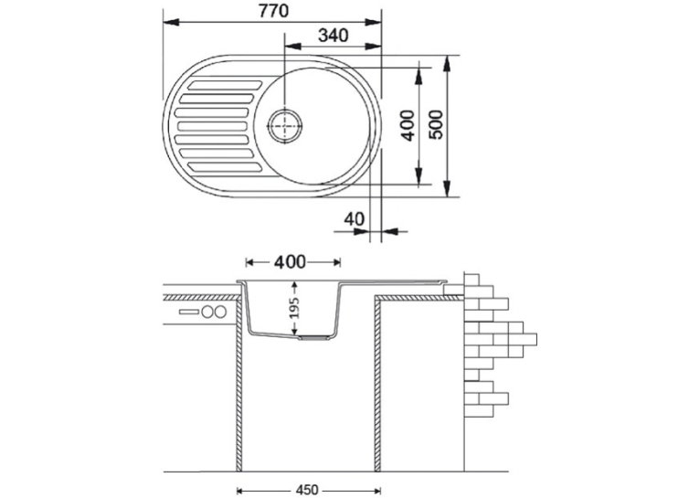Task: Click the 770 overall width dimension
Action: coord(274,11)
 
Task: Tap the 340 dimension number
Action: coord(333,36)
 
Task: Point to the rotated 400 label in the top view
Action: coord(408,126)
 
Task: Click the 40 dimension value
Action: coord(354,219)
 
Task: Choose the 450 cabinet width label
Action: coord(307,490)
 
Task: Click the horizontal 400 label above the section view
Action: coord(290,262)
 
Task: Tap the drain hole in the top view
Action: coord(284,126)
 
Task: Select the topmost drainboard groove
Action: coord(225,85)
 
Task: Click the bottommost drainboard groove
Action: coord(225,167)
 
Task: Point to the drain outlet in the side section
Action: coord(314,338)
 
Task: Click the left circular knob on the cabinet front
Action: coord(207,312)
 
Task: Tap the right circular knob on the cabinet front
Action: coord(220,312)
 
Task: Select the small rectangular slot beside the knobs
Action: coord(189,312)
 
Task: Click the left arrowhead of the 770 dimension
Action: coord(171,22)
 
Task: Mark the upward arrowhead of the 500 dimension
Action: coord(448,63)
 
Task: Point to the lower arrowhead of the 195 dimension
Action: coord(294,331)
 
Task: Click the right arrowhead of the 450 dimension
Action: coord(375,491)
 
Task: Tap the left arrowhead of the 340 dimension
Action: coord(292,46)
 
